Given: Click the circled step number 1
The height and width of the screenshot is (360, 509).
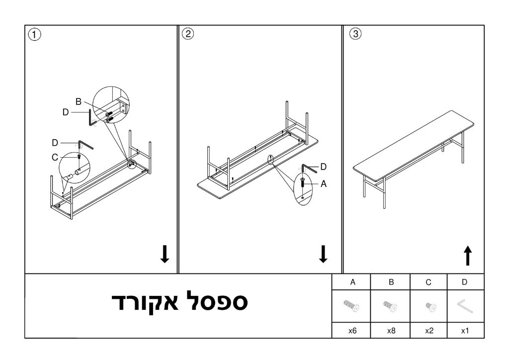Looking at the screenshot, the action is [x=34, y=34].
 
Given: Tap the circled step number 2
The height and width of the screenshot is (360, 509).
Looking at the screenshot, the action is [x=188, y=34].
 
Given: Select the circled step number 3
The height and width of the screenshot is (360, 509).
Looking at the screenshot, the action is [x=355, y=34].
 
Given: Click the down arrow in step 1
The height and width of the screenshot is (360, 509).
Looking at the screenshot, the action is [x=165, y=254].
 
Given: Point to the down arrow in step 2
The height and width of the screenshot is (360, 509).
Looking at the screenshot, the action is [x=323, y=254].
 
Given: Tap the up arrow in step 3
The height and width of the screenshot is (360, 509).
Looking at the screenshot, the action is [x=468, y=256].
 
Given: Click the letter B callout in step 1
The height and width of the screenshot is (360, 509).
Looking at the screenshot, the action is [x=78, y=101].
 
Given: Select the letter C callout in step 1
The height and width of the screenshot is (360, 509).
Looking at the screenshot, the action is [x=55, y=158].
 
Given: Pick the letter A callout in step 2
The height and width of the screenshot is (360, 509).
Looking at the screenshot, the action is [x=323, y=184].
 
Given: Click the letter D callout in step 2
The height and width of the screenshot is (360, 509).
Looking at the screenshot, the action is [x=323, y=167].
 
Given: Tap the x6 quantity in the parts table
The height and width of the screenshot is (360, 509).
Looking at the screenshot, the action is [x=352, y=331].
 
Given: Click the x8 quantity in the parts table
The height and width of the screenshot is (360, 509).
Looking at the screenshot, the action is [x=391, y=331].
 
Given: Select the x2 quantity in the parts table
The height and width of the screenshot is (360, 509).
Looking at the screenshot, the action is [x=429, y=331].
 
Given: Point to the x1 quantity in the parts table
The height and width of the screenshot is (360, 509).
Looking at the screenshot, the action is [x=465, y=331].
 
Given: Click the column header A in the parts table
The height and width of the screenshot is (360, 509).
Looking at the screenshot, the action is [x=352, y=282].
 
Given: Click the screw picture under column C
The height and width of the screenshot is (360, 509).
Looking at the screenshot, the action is [x=431, y=307].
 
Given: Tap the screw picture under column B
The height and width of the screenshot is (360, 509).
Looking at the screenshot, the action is [x=391, y=306].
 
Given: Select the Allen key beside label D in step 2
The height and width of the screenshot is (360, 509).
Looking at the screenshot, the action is [x=309, y=168].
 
